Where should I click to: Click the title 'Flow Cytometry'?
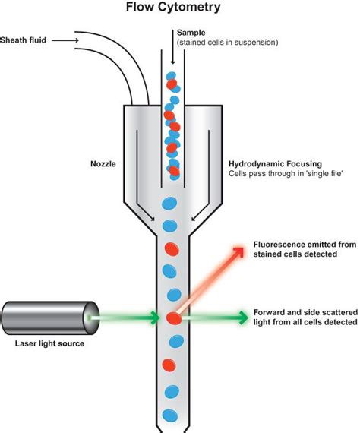point(172,8)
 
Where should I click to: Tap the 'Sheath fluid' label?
point(25,40)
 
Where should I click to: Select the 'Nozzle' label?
point(104,163)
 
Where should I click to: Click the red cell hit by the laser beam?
point(173,318)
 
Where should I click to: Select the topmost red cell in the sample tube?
point(172,84)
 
